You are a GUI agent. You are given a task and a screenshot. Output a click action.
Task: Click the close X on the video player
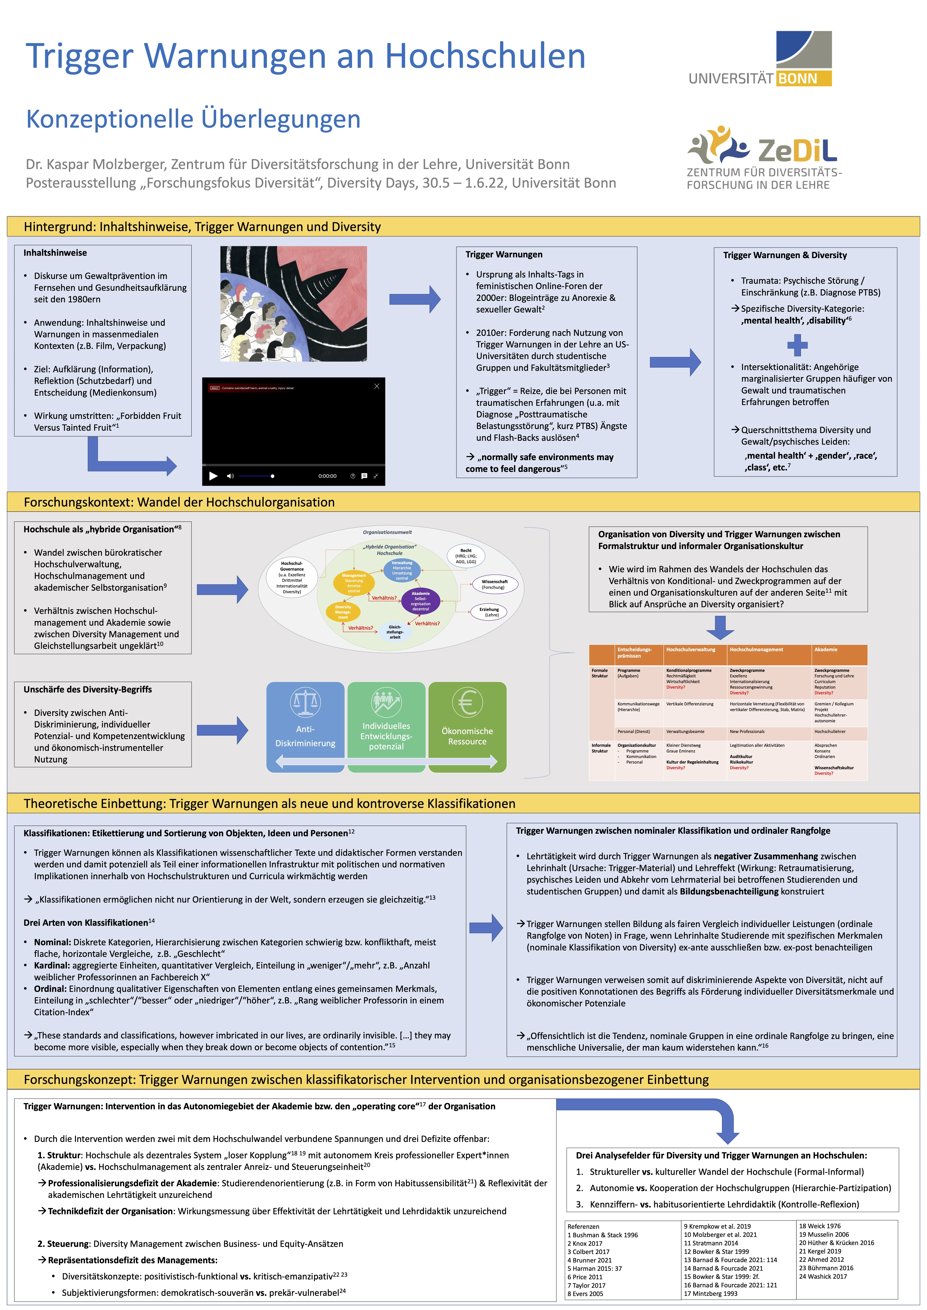tap(377, 386)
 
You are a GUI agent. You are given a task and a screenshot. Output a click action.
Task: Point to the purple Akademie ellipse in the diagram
tap(421, 601)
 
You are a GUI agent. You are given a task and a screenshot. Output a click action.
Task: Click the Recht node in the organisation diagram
tap(466, 556)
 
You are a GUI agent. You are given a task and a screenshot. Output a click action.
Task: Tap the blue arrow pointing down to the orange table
tap(720, 627)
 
